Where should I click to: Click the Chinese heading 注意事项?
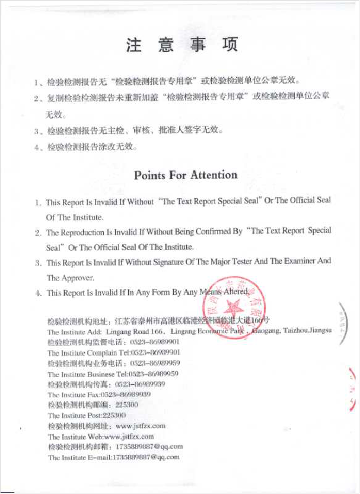coord(181,46)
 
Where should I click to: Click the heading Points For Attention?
coord(186,175)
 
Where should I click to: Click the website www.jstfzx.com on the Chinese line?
coord(141,426)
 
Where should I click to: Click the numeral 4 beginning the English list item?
coord(38,293)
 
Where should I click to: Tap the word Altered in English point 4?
coord(236,292)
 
